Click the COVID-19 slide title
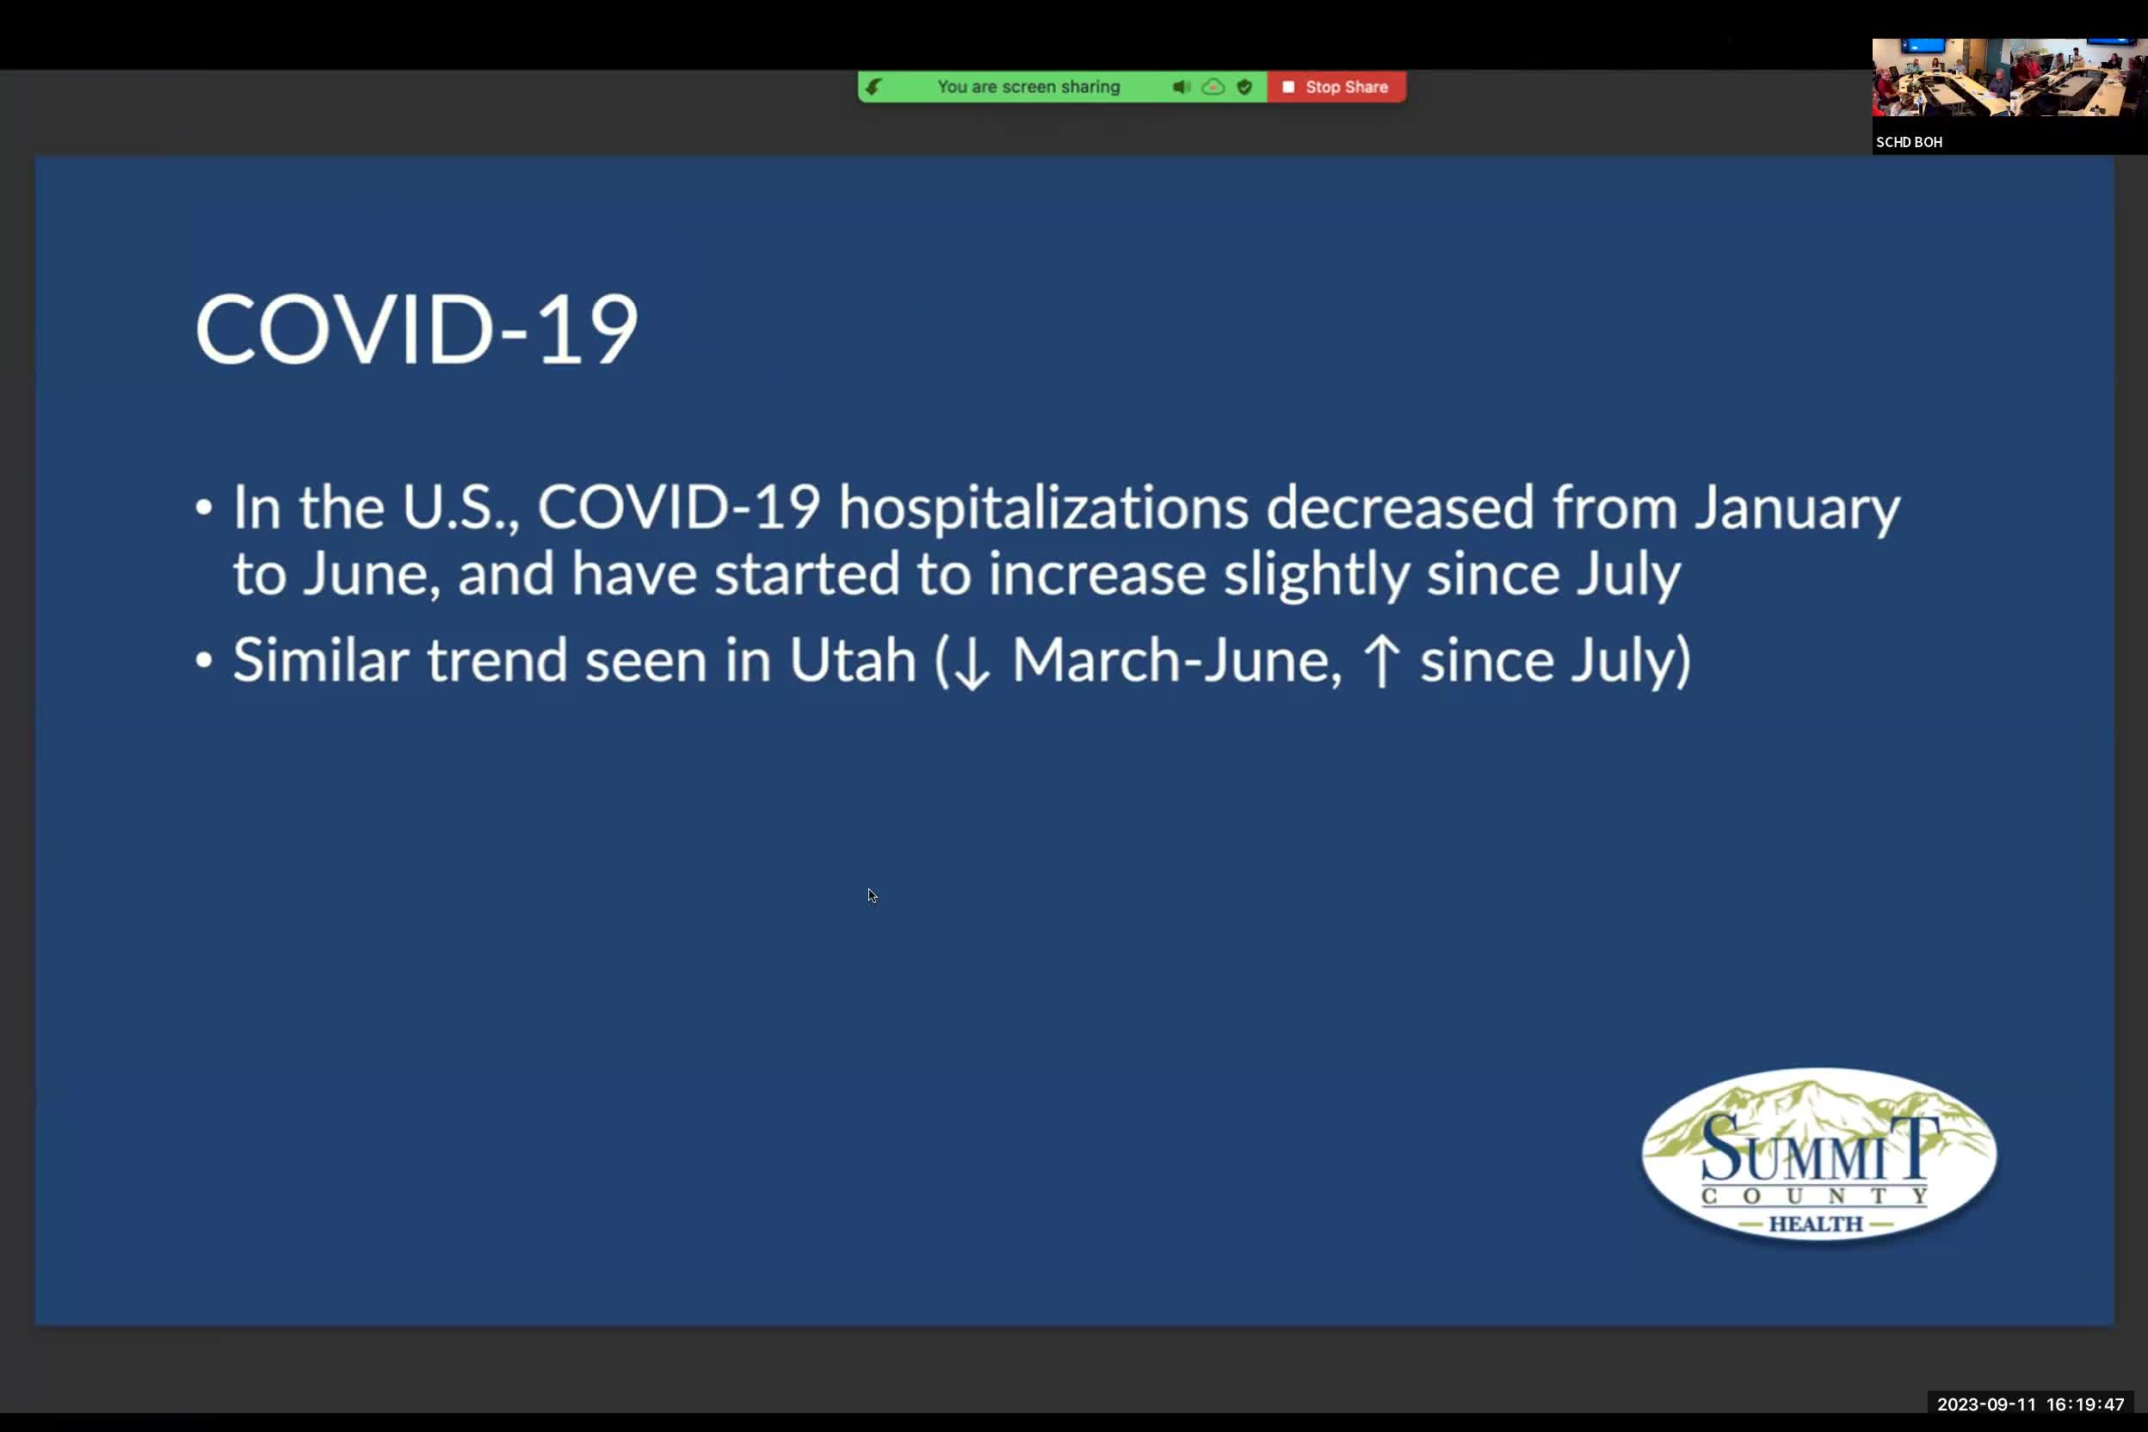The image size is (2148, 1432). [x=416, y=330]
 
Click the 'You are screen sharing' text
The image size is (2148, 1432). [x=1028, y=87]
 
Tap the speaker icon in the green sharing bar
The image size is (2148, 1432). [x=1180, y=87]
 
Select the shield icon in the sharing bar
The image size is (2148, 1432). [x=1244, y=87]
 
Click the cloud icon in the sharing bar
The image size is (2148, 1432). [x=1213, y=87]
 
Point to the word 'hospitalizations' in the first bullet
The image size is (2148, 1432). [x=1043, y=508]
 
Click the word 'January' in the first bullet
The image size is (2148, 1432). [x=1797, y=508]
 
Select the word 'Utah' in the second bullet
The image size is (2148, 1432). [x=852, y=660]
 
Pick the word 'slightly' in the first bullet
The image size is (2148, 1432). [x=1316, y=576]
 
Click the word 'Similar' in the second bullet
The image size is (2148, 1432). [x=319, y=660]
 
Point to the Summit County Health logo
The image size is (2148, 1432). [x=1818, y=1154]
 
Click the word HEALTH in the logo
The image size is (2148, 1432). [x=1816, y=1224]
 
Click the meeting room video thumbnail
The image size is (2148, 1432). [x=2009, y=77]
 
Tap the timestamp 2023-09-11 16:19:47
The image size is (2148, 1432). [x=2030, y=1404]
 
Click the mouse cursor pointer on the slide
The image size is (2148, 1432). [x=871, y=895]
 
